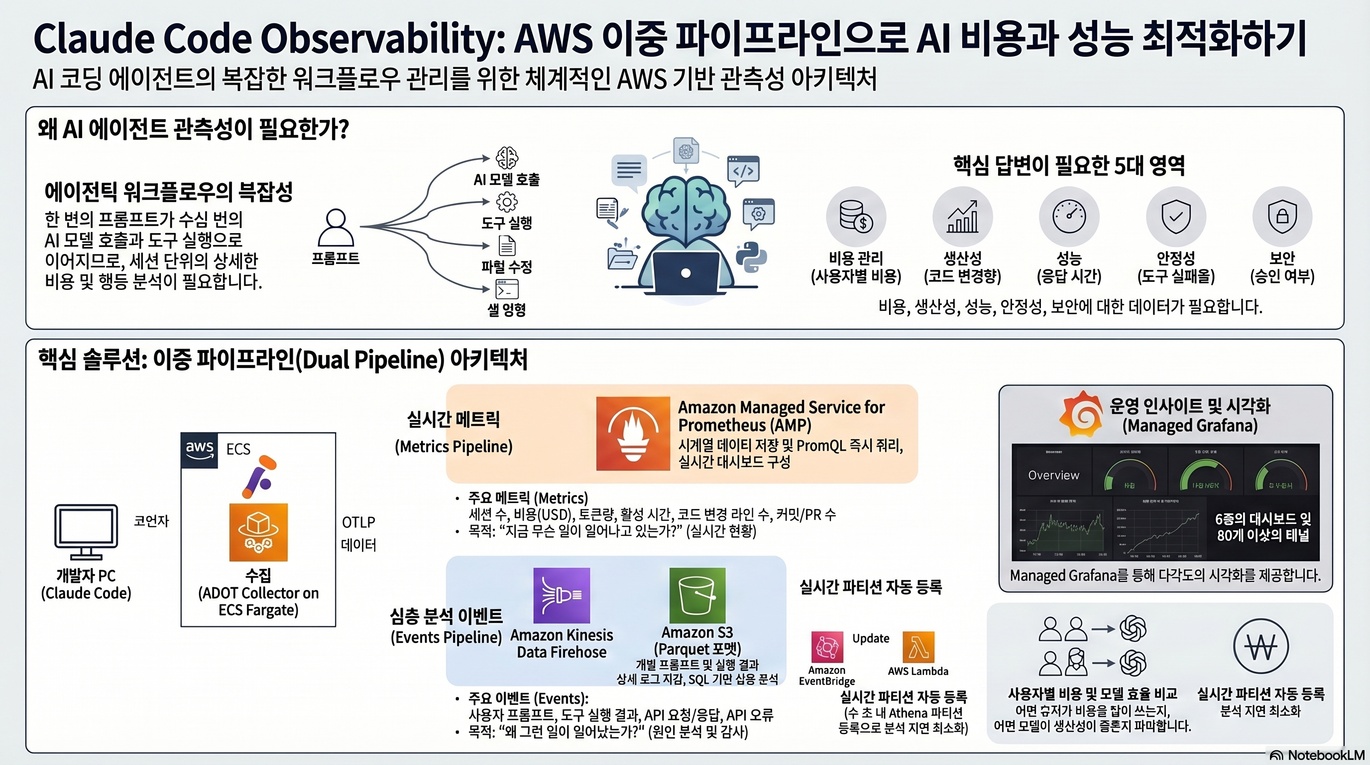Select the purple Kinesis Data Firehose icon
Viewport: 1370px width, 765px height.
(x=561, y=595)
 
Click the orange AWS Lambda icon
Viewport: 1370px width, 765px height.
(x=918, y=647)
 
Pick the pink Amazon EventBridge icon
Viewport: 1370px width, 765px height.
(x=827, y=647)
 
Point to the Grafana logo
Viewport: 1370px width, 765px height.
(x=1081, y=414)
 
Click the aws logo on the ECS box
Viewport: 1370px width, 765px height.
(x=200, y=450)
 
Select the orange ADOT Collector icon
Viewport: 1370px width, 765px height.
(x=258, y=532)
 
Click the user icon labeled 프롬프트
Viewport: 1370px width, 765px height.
(x=336, y=228)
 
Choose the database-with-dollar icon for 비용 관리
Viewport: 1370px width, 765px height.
(x=856, y=217)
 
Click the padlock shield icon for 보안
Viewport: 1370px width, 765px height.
(x=1282, y=216)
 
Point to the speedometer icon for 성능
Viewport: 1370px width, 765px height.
(x=1069, y=216)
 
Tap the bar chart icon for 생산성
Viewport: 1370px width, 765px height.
(x=963, y=217)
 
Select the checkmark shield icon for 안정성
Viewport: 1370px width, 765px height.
(x=1176, y=216)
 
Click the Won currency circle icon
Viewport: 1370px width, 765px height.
(x=1260, y=646)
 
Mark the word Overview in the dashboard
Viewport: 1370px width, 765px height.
(x=1053, y=475)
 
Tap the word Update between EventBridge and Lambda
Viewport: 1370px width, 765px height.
(x=871, y=638)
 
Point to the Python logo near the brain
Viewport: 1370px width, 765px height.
(x=751, y=257)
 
